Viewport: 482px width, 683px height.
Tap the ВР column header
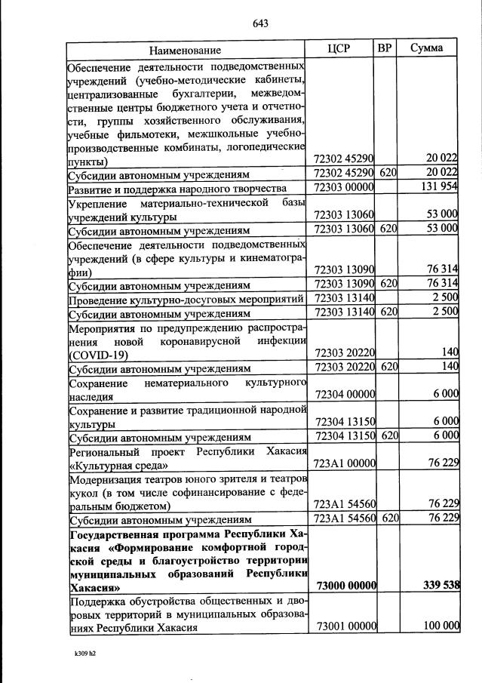(x=385, y=49)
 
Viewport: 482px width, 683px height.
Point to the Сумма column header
(x=426, y=49)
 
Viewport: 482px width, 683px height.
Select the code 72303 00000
(x=344, y=187)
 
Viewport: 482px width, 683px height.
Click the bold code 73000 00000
(x=344, y=586)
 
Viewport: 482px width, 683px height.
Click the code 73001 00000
(x=344, y=626)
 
